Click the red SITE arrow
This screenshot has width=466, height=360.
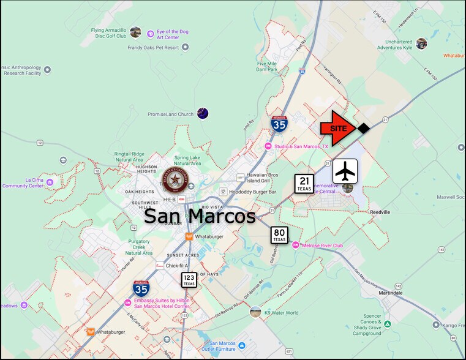pyautogui.click(x=337, y=129)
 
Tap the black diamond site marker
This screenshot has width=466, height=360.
pyautogui.click(x=363, y=128)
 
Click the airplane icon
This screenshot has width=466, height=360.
pyautogui.click(x=345, y=171)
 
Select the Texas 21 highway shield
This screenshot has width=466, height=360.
pyautogui.click(x=304, y=183)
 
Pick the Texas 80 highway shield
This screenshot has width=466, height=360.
pyautogui.click(x=279, y=234)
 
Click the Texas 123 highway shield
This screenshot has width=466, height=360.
pyautogui.click(x=189, y=280)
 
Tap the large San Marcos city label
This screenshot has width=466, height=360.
pyautogui.click(x=199, y=216)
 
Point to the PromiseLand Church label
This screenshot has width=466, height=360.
pyautogui.click(x=170, y=114)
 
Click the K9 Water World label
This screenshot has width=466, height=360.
pyautogui.click(x=281, y=313)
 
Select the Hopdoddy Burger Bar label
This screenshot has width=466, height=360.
pyautogui.click(x=252, y=192)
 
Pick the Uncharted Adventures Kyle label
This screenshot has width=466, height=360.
pyautogui.click(x=394, y=43)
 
